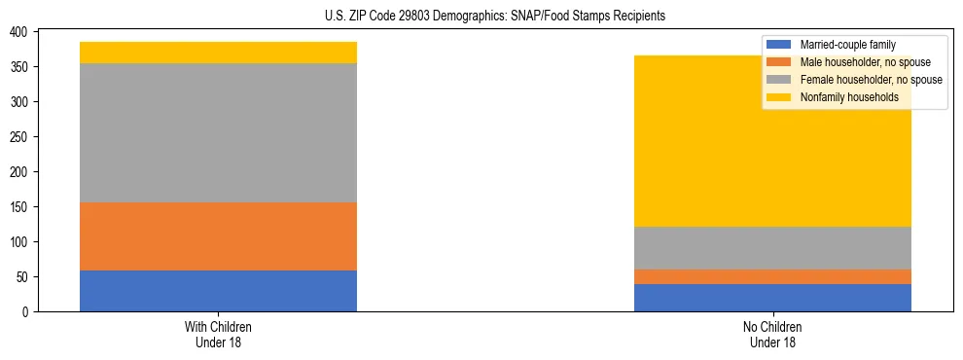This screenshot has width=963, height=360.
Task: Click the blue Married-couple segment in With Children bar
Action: click(218, 291)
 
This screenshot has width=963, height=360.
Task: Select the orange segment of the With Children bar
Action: click(218, 236)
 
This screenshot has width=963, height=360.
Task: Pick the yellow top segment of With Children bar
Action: click(218, 53)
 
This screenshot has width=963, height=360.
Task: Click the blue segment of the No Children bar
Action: click(772, 298)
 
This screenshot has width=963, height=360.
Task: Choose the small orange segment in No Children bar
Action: click(772, 276)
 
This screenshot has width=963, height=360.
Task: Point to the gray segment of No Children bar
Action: click(772, 247)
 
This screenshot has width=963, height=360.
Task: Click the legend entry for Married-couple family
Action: click(847, 44)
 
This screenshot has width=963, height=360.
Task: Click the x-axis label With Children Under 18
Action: click(218, 334)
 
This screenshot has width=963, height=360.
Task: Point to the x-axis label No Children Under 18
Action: click(772, 334)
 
